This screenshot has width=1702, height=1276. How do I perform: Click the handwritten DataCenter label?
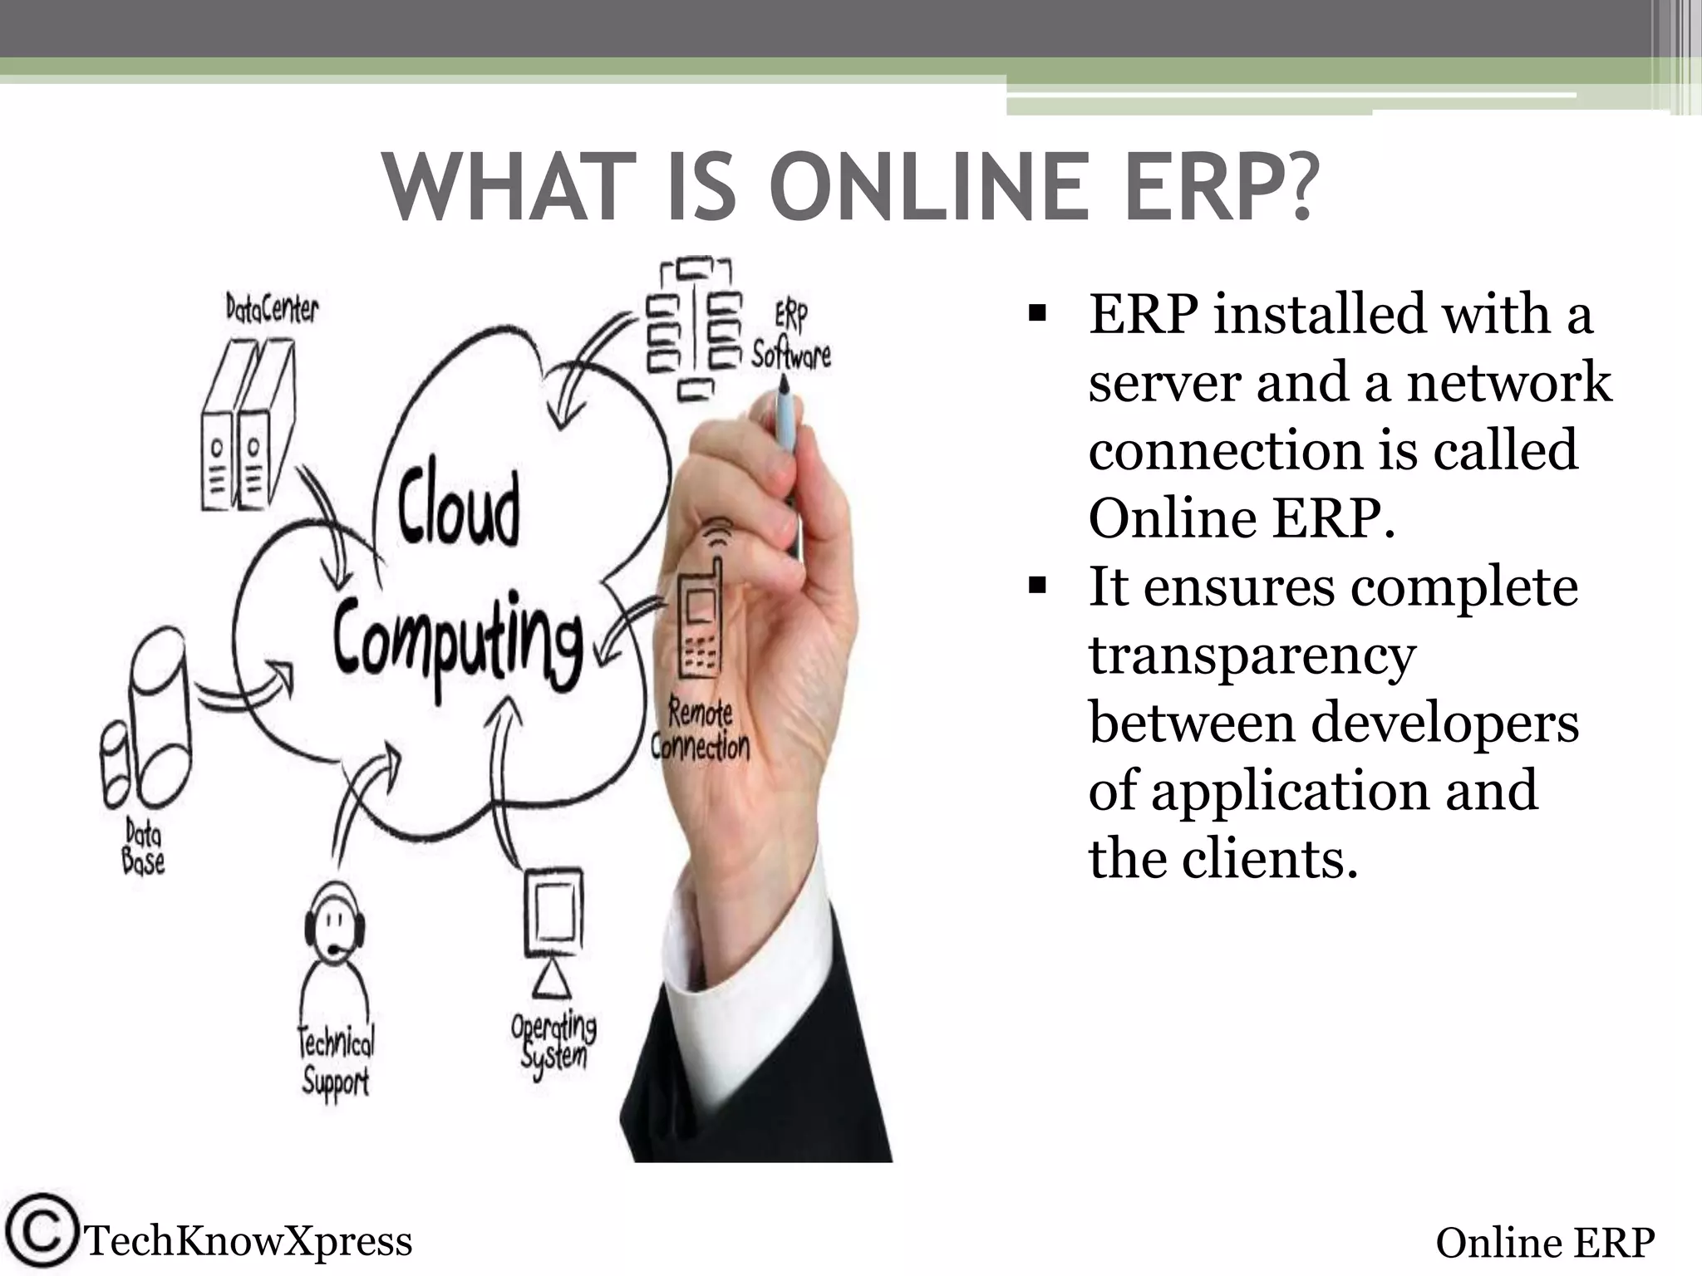coord(272,309)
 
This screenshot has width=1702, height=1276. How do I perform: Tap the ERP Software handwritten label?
coord(790,336)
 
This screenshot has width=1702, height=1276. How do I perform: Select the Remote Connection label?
coord(701,731)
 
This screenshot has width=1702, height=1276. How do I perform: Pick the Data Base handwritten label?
coord(143,846)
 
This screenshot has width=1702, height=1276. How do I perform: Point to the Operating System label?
coord(553,1039)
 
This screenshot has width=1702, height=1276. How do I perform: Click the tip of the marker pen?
coord(783,384)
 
